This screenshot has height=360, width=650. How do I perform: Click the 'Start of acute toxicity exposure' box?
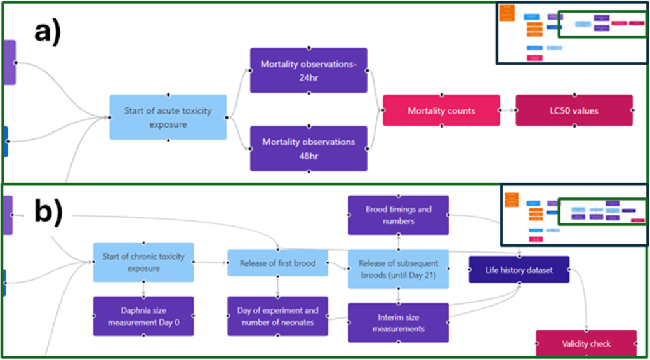(x=168, y=117)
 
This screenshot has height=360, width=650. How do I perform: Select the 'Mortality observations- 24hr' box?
(x=308, y=70)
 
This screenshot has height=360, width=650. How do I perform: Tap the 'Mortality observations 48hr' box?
(x=308, y=148)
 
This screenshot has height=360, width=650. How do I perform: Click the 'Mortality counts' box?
(x=441, y=111)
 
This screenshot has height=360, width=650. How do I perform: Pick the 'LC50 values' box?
(x=574, y=111)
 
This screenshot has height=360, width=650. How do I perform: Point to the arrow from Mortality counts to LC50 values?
(x=508, y=111)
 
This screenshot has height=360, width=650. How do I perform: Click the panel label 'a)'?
(x=47, y=32)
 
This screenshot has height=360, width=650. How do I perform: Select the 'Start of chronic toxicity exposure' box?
(x=143, y=262)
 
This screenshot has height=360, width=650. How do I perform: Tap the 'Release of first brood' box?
(x=277, y=263)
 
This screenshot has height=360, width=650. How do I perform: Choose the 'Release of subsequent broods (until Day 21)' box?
(x=398, y=269)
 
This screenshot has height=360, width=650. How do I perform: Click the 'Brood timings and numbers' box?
(x=398, y=215)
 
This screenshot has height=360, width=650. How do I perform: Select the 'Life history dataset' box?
(x=519, y=270)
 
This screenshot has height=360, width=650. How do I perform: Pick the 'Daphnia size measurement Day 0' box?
(x=143, y=316)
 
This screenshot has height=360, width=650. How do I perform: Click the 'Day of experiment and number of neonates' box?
(x=277, y=316)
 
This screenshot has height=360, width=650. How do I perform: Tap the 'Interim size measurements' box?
(x=398, y=323)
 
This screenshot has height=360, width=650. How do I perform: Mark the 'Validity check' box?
(x=586, y=344)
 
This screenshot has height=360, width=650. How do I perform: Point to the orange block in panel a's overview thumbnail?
(x=507, y=14)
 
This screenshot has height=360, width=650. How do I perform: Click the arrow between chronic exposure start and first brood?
(x=211, y=262)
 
